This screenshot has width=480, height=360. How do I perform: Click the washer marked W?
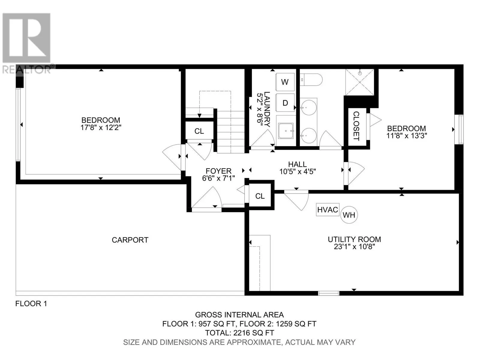[x=285, y=82]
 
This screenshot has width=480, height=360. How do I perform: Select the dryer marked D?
[x=285, y=103]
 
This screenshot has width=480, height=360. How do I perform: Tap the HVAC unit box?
[x=327, y=210]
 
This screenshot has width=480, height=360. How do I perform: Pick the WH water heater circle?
[x=349, y=215]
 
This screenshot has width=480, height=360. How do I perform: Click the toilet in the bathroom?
[x=311, y=80]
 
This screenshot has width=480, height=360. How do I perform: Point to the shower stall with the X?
[x=359, y=82]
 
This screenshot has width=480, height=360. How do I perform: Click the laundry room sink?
[x=286, y=131]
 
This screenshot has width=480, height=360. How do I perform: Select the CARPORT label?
[x=130, y=240]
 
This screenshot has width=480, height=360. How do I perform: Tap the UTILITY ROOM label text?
[x=354, y=239]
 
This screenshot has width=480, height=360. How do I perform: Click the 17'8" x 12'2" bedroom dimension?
[x=101, y=127]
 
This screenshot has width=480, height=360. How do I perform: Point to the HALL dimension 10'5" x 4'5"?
[x=297, y=171]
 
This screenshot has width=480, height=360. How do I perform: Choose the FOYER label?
[x=218, y=171]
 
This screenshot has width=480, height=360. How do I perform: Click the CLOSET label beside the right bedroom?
[x=356, y=126]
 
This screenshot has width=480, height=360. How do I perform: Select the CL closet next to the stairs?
[x=199, y=131]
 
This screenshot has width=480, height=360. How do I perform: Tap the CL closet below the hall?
[x=260, y=196]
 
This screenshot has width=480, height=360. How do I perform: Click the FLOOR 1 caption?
[x=31, y=304]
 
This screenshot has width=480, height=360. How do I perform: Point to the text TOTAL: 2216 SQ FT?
[x=239, y=333]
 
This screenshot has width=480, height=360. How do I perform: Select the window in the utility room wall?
[x=328, y=293]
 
